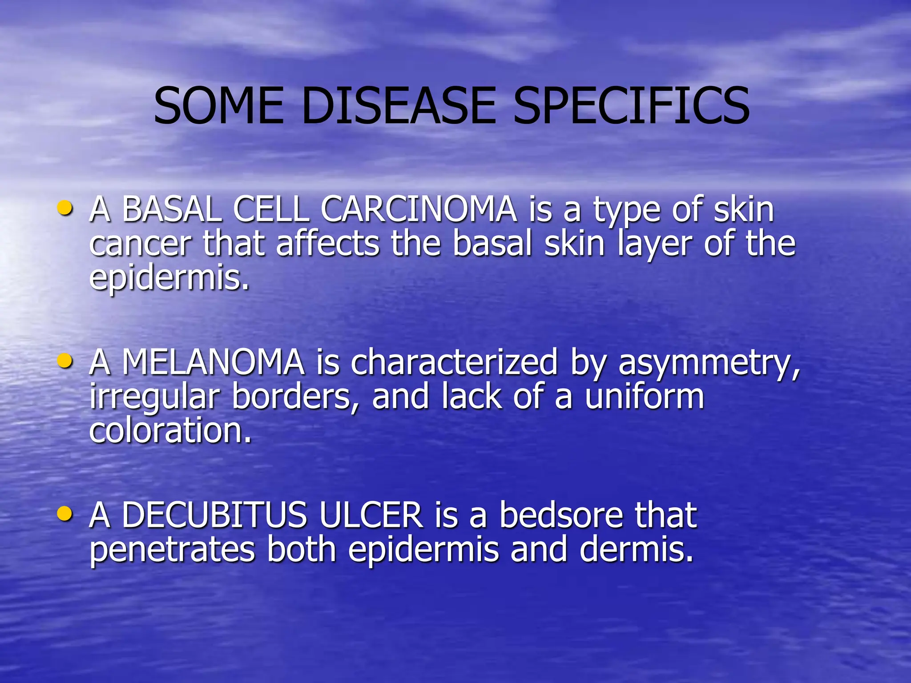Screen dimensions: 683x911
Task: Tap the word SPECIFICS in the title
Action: coord(632,106)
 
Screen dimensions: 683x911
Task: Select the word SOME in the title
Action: coord(218,106)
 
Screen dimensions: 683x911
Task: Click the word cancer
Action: coord(140,245)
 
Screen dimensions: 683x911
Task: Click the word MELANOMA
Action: coord(213,362)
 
